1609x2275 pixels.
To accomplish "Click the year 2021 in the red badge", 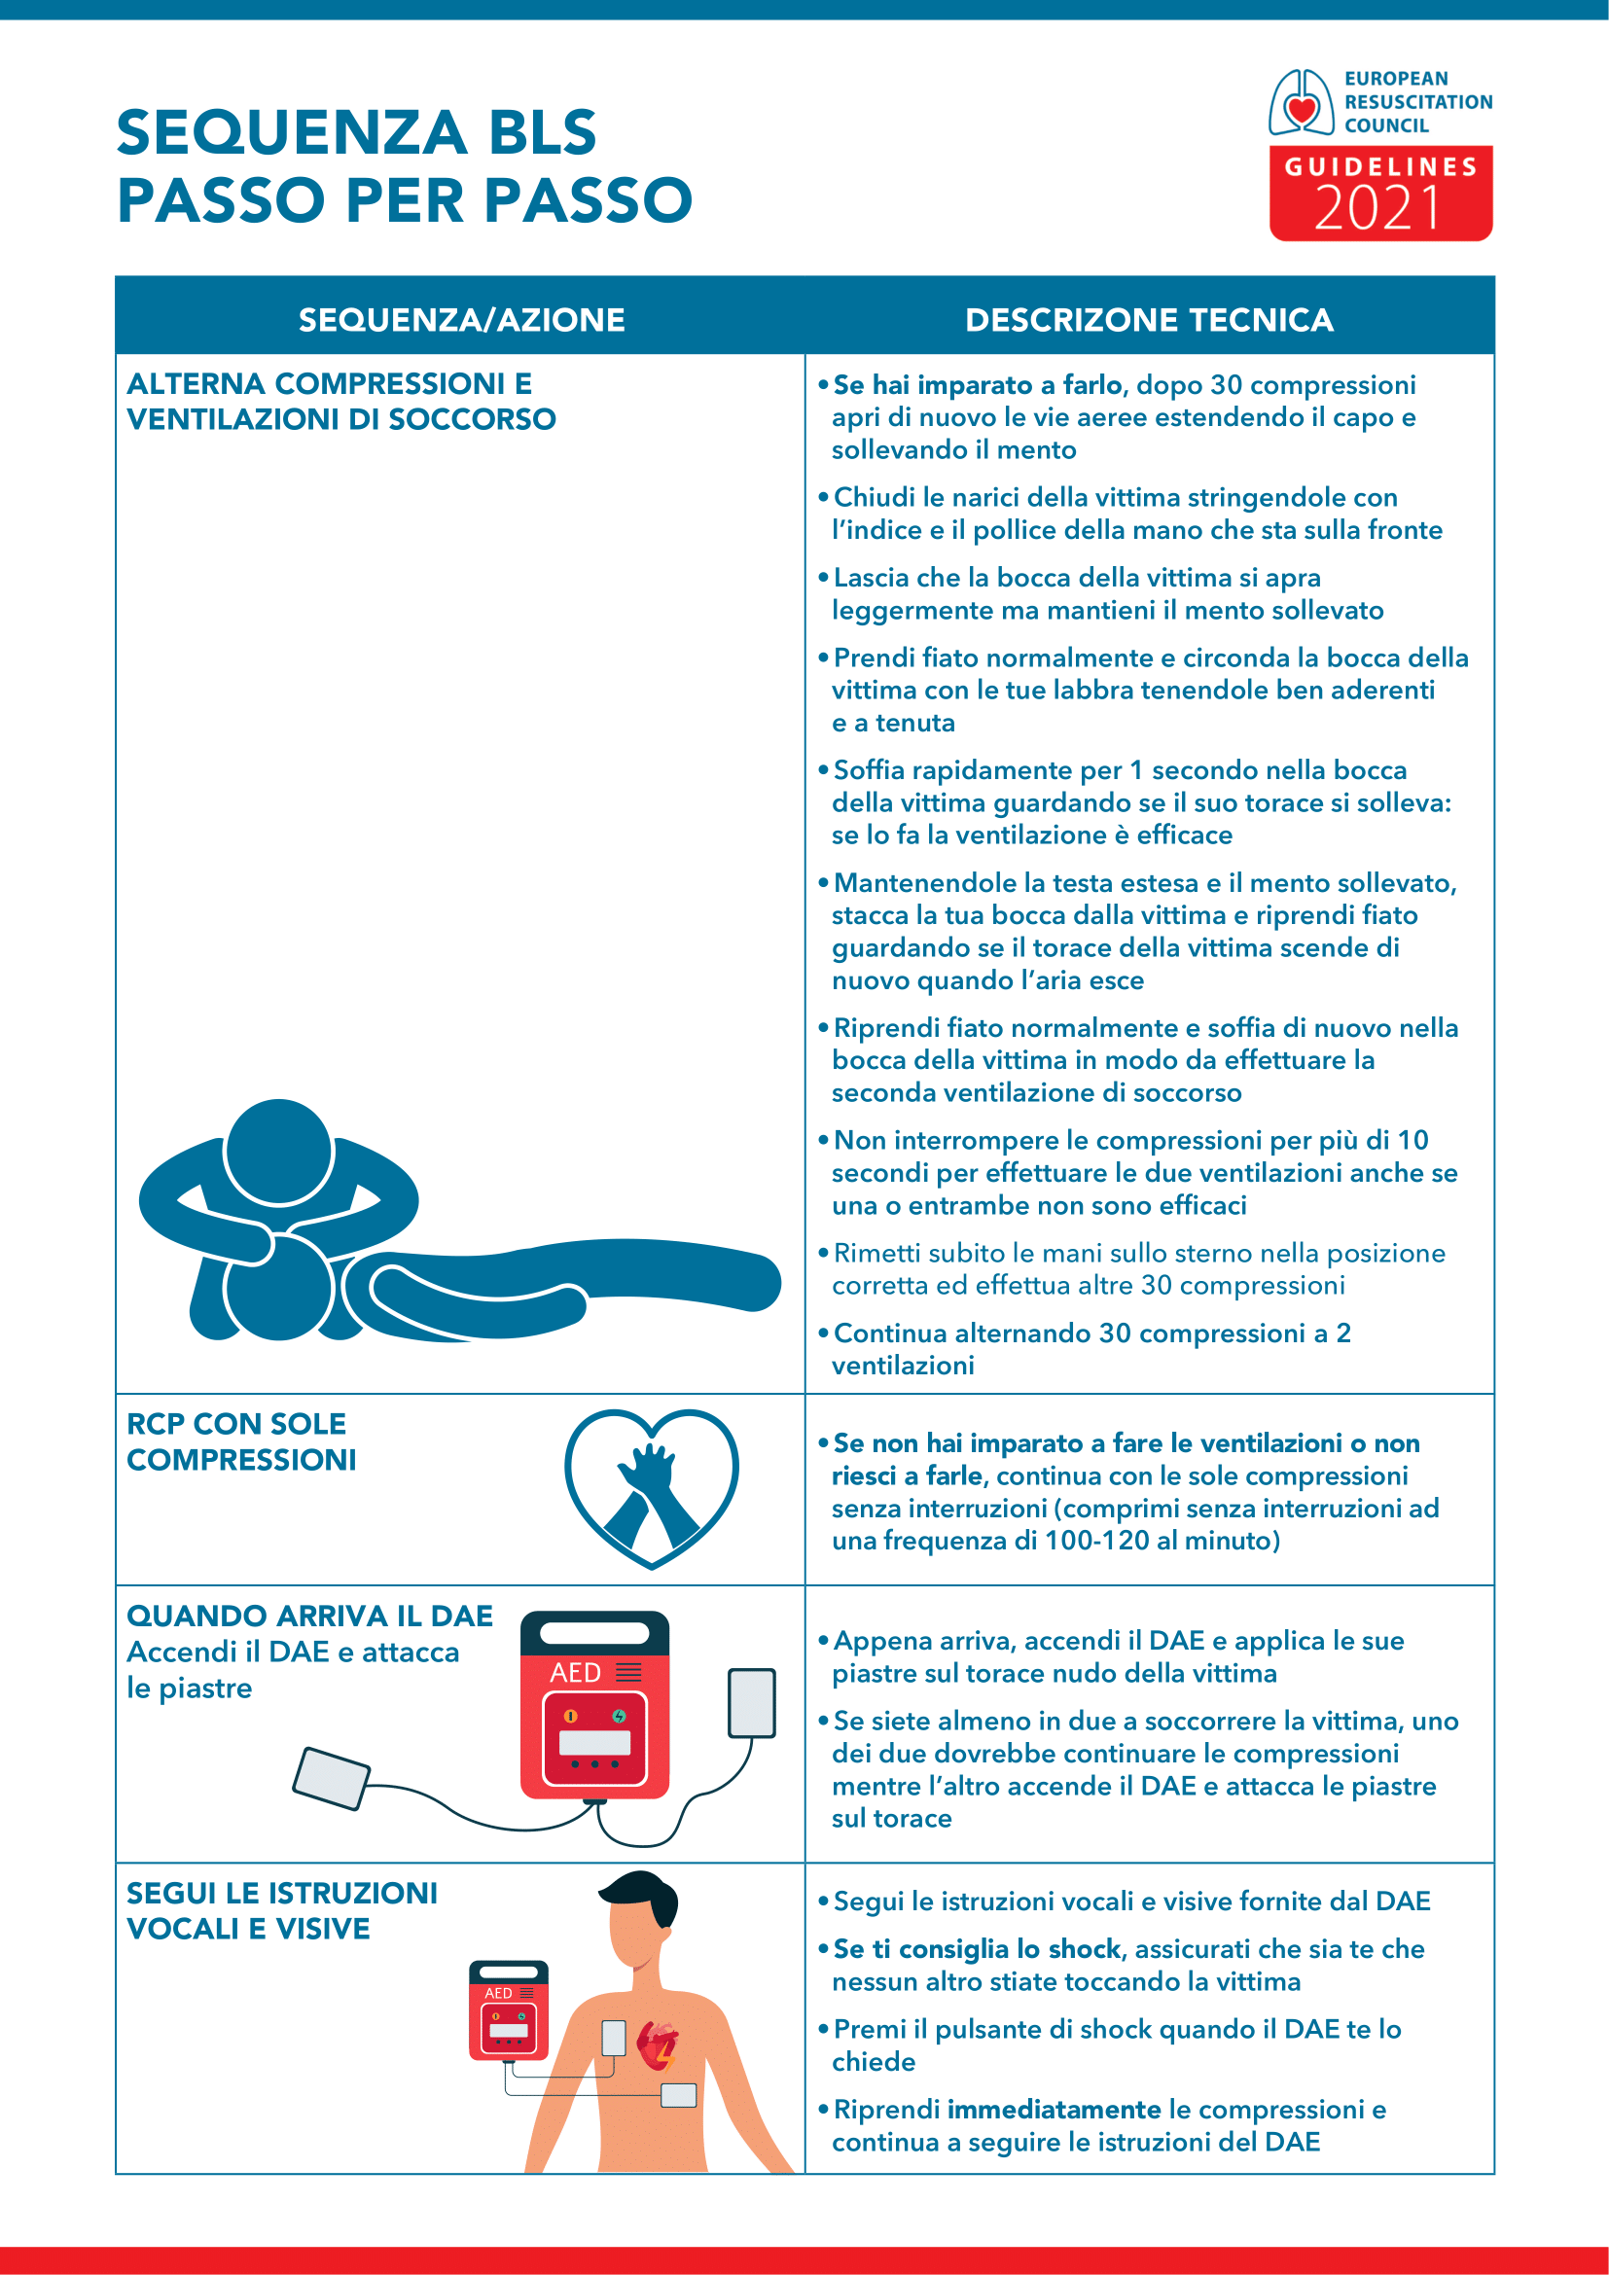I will click(1378, 209).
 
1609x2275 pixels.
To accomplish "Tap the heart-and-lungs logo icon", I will click(1301, 102).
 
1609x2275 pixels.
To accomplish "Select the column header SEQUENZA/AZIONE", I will click(462, 320).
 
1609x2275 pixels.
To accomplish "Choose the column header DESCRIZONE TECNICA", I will click(1149, 320).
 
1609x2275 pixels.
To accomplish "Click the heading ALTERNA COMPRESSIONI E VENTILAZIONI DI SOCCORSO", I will click(340, 402).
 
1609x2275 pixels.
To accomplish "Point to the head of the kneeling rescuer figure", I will click(278, 1152).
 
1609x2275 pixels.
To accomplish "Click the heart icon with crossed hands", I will click(651, 1487).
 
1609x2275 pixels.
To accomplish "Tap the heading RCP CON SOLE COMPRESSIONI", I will click(240, 1441).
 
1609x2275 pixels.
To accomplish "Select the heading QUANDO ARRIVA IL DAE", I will click(309, 1617).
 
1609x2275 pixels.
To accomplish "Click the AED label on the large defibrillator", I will click(576, 1673).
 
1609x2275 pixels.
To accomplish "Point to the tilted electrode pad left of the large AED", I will click(331, 1778).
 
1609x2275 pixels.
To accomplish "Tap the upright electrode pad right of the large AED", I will click(751, 1703).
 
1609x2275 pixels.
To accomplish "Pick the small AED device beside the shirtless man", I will click(508, 2009).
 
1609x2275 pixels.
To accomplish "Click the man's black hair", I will click(644, 1893).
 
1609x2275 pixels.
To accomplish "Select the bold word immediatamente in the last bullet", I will click(1054, 2110).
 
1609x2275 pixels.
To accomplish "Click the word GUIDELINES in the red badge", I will click(1380, 166).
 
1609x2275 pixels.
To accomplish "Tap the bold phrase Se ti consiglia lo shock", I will click(976, 1949).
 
